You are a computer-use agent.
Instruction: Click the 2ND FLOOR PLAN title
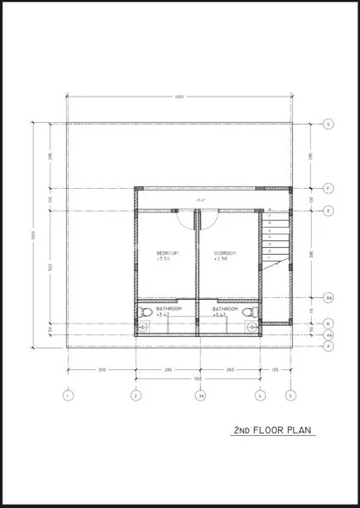[x=274, y=430]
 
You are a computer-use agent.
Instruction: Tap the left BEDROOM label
[x=167, y=253]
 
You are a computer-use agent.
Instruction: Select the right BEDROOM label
[x=224, y=253]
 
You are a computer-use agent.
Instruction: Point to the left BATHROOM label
[x=169, y=309]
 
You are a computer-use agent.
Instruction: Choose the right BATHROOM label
[x=225, y=309]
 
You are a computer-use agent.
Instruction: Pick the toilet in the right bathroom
[x=249, y=313]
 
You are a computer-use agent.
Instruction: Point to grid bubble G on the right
[x=329, y=124]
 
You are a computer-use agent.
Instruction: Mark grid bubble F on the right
[x=329, y=187]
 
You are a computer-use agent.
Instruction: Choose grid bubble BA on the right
[x=329, y=297]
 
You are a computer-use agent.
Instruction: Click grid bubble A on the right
[x=329, y=346]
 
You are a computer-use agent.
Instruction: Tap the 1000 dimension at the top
[x=179, y=97]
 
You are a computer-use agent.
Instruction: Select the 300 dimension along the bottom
[x=101, y=370]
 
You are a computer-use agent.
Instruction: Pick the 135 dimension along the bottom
[x=274, y=370]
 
